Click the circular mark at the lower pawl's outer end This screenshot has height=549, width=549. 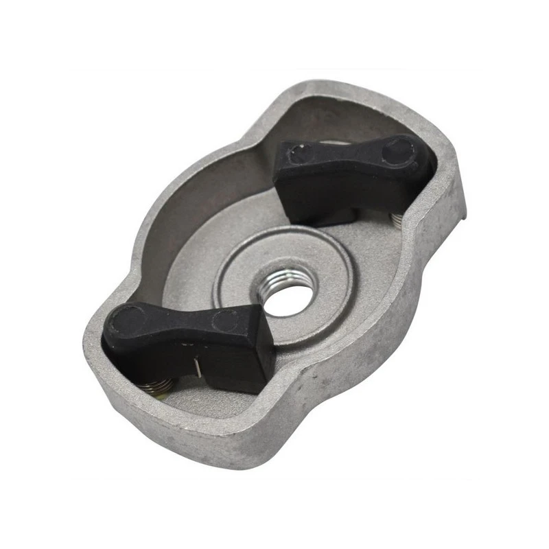click(126, 320)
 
